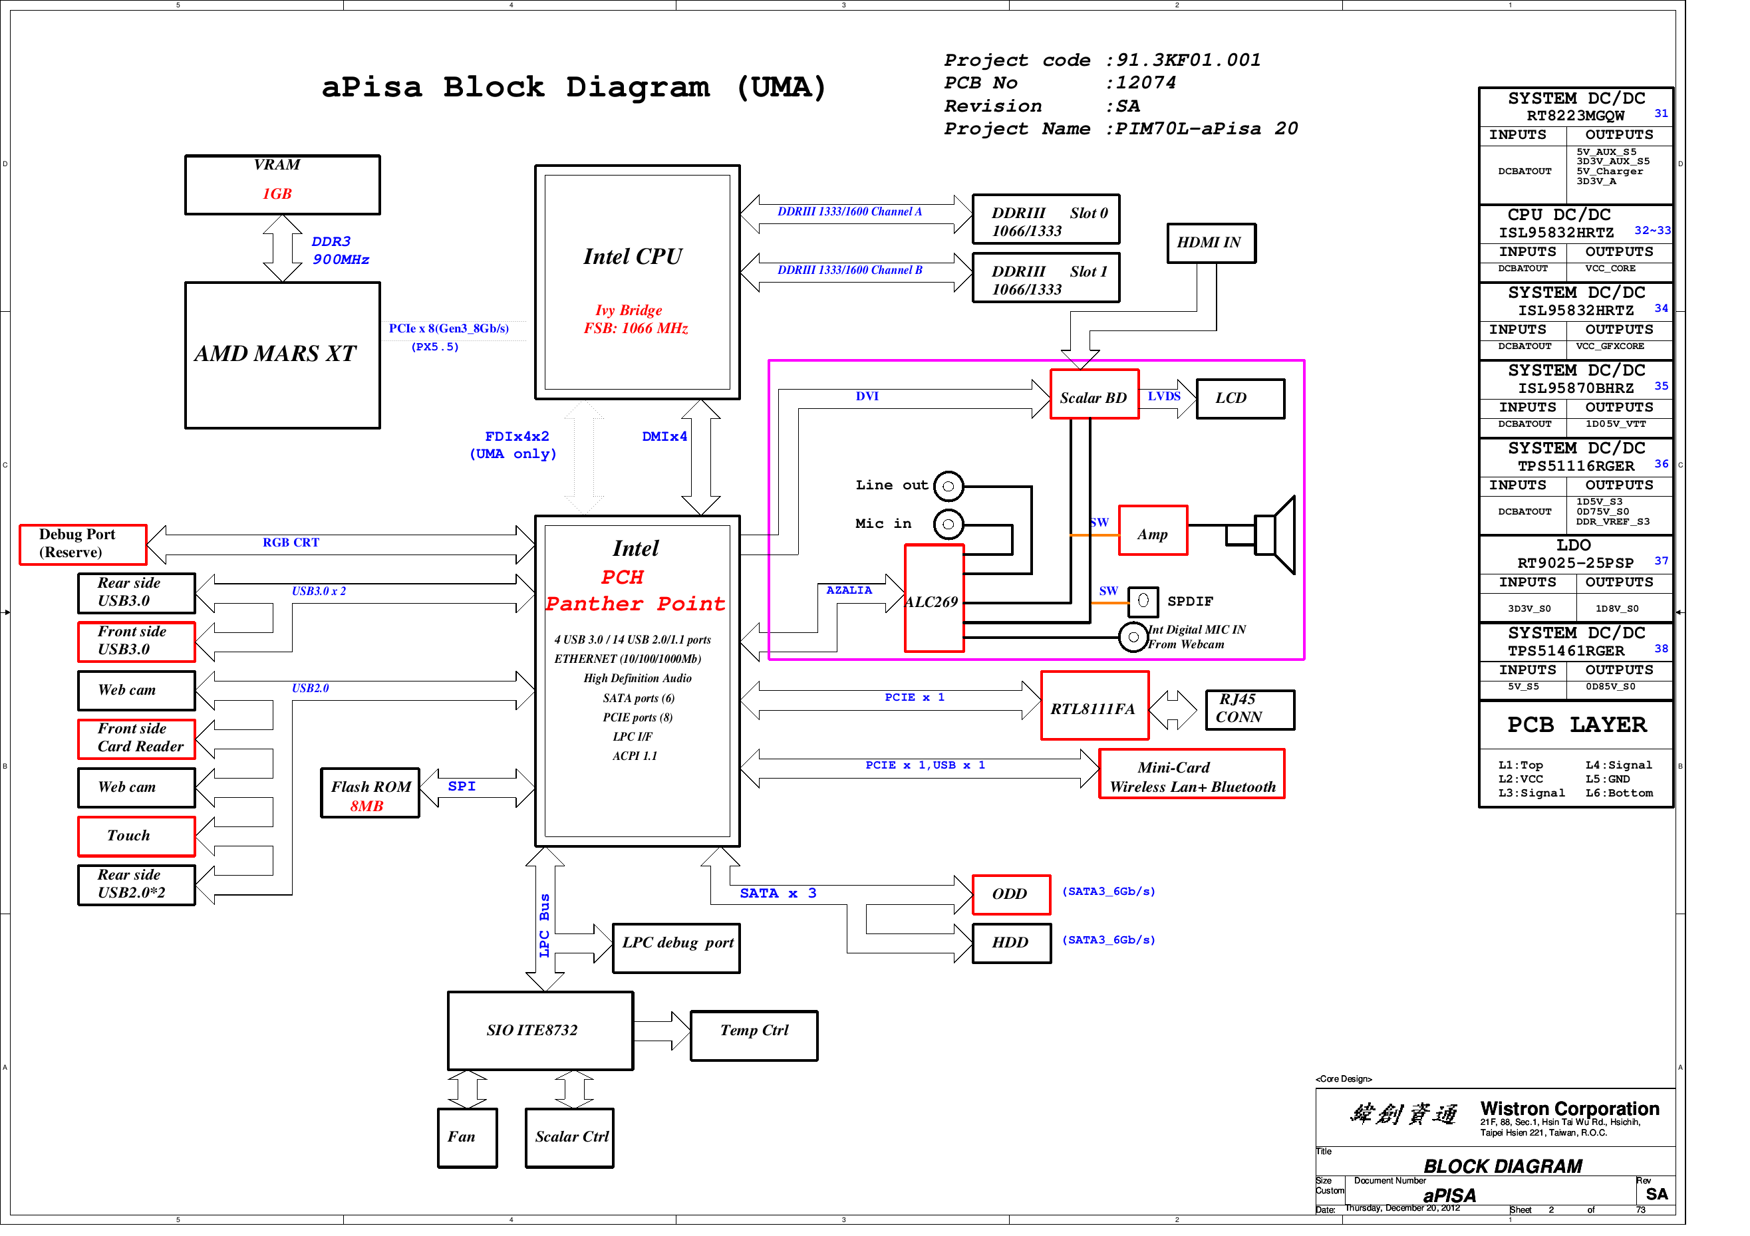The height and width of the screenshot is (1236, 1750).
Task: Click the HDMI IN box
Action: (x=1211, y=243)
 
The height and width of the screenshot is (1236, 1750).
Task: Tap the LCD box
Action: (x=1239, y=398)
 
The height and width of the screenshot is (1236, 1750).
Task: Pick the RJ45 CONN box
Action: (x=1249, y=710)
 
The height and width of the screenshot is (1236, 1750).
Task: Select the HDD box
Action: (x=1010, y=943)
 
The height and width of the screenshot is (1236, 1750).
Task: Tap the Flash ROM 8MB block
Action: (x=370, y=794)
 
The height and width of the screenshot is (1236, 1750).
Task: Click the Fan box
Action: (x=466, y=1138)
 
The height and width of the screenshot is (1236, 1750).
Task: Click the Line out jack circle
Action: (x=948, y=486)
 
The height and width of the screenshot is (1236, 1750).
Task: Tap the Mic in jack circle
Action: (x=948, y=525)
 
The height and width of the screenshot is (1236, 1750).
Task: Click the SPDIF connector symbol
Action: (x=1143, y=601)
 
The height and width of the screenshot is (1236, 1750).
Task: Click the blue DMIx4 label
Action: (x=664, y=437)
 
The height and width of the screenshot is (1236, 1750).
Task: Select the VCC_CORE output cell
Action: (x=1619, y=270)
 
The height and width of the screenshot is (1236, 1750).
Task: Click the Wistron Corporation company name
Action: (x=1568, y=1109)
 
